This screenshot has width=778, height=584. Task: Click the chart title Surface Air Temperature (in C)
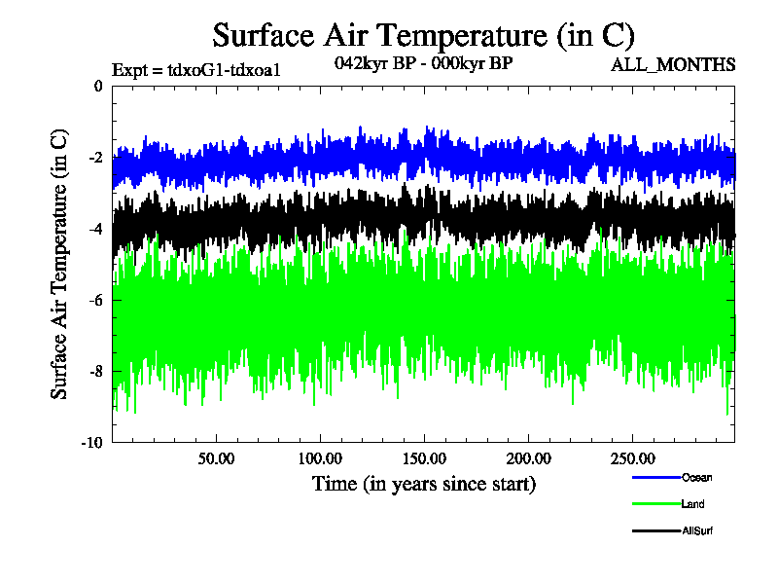423,36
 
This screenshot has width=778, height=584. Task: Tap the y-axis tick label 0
97,86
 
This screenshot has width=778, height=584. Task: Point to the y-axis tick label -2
95,158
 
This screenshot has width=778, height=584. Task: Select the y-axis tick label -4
95,229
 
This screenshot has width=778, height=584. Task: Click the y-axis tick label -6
95,300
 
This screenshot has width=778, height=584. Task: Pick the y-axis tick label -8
95,371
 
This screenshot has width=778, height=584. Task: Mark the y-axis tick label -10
92,443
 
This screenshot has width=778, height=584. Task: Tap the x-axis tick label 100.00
319,457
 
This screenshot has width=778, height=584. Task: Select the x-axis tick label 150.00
423,457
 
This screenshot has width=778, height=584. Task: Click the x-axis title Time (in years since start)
423,483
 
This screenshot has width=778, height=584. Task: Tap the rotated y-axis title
60,263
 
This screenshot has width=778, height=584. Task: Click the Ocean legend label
696,477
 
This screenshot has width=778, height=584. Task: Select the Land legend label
693,504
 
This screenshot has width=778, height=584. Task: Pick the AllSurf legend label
697,530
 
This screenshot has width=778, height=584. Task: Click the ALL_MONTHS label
673,65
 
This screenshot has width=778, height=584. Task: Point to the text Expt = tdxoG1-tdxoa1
196,69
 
